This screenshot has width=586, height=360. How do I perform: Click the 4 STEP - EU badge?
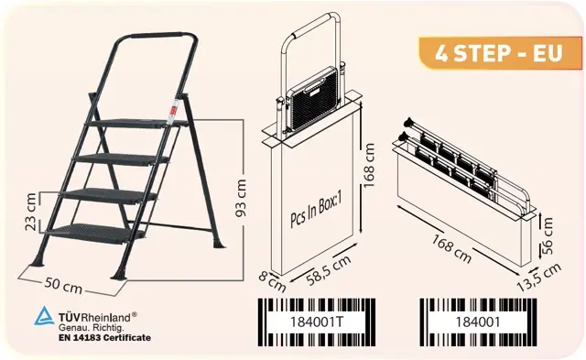coord(500,53)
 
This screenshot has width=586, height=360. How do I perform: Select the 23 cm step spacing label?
coord(30,212)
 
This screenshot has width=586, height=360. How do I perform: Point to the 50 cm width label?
coord(63,286)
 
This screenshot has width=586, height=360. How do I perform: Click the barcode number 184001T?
coord(316,322)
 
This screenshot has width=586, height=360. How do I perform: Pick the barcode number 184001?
coord(478,322)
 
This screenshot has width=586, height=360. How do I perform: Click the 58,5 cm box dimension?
coord(329,270)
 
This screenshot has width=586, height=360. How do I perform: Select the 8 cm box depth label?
coord(272,281)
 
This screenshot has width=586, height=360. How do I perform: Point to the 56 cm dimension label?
coord(547,236)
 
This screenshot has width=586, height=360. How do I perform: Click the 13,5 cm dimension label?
coord(539,277)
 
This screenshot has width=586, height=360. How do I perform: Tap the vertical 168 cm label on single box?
coord(368,165)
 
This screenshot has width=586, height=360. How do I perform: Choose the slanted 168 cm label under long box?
coord(451,248)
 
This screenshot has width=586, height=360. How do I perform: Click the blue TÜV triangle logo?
coord(44,316)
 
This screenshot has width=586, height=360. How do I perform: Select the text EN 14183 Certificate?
coord(104,338)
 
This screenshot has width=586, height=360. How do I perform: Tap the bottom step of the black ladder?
coord(95,234)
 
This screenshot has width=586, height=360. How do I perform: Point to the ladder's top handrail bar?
coord(156,36)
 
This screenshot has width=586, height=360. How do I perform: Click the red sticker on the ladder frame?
coord(173,112)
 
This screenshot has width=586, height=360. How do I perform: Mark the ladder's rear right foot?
coord(219,244)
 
